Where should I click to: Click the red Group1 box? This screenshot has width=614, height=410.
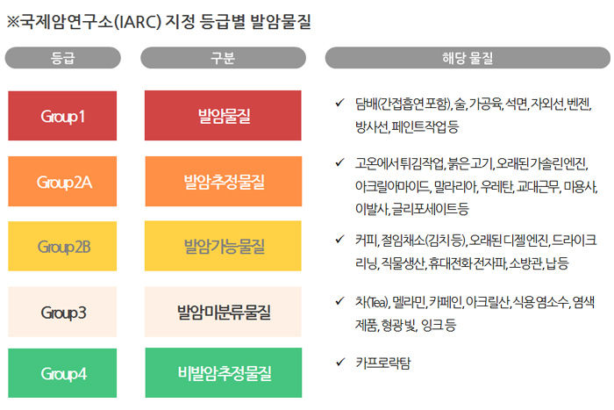click(62, 116)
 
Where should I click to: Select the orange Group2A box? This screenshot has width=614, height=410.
click(62, 182)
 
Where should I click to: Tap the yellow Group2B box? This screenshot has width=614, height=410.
click(62, 247)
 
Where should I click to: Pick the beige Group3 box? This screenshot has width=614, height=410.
click(62, 312)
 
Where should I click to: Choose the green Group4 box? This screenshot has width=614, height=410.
click(62, 373)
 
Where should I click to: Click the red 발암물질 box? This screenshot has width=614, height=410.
click(223, 116)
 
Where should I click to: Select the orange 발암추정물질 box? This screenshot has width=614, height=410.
click(223, 182)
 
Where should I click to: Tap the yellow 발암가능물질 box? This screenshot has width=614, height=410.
click(223, 247)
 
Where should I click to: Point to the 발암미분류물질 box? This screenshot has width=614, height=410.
click(223, 312)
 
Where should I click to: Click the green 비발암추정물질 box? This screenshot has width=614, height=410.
click(223, 373)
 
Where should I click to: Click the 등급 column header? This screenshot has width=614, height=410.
click(62, 58)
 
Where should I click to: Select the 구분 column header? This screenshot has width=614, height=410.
click(223, 58)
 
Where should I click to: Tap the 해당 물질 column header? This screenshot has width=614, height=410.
click(467, 58)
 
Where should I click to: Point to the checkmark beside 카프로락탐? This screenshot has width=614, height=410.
click(339, 361)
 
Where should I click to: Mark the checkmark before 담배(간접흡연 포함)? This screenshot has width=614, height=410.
click(339, 103)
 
